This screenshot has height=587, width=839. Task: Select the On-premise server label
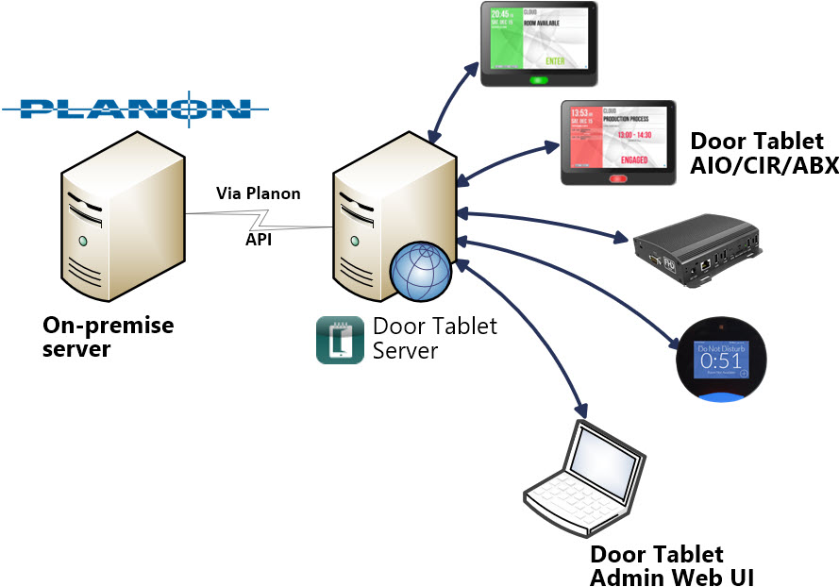pos(109,337)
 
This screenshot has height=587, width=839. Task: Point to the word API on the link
pos(259,240)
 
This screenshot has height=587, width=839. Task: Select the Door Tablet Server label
pos(433,338)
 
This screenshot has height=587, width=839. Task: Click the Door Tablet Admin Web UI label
pos(671,565)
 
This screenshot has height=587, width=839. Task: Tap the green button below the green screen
pos(540,79)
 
